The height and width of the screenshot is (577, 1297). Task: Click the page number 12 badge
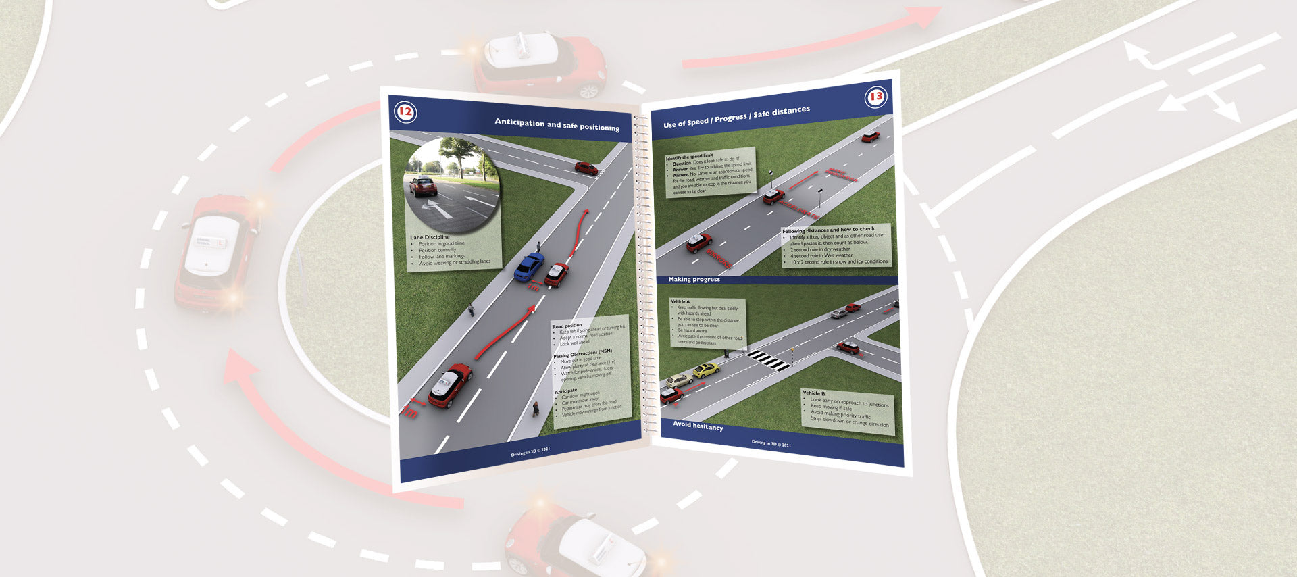405,111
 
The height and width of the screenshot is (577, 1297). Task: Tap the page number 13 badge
875,97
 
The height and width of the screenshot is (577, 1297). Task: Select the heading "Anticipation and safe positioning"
557,124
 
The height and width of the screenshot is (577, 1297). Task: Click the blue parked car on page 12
529,266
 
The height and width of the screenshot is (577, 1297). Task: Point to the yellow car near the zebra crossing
706,370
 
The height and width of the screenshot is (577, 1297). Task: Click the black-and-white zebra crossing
769,359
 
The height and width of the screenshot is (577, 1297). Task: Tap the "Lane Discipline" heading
430,237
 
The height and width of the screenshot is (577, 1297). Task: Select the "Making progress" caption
694,279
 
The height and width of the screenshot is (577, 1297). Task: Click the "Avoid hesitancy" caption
698,425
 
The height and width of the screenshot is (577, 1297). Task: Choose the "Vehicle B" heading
813,393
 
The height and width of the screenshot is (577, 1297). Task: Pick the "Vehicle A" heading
680,301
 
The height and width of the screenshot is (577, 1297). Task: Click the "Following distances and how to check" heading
828,230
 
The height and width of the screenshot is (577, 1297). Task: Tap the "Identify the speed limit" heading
689,157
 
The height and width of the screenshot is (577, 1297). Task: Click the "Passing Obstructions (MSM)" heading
582,353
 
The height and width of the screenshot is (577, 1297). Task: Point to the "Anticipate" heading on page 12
566,391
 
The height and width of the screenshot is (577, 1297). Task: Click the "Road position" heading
567,326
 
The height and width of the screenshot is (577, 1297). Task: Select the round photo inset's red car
423,185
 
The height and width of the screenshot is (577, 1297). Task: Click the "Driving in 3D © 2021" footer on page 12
530,451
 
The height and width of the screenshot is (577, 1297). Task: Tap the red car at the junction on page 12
586,168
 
